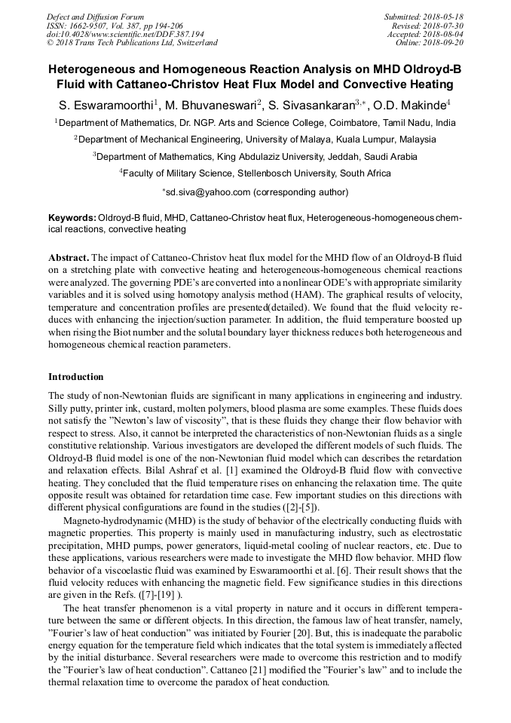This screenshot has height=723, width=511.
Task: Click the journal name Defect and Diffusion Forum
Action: point(95,17)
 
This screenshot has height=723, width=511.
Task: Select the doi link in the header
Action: point(125,34)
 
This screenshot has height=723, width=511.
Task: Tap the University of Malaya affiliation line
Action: point(255,139)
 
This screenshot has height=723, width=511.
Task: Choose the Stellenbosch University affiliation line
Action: point(255,173)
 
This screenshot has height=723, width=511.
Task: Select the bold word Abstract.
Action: point(69,258)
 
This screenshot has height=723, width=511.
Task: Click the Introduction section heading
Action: point(76,377)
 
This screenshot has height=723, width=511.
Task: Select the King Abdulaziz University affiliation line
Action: point(255,157)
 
